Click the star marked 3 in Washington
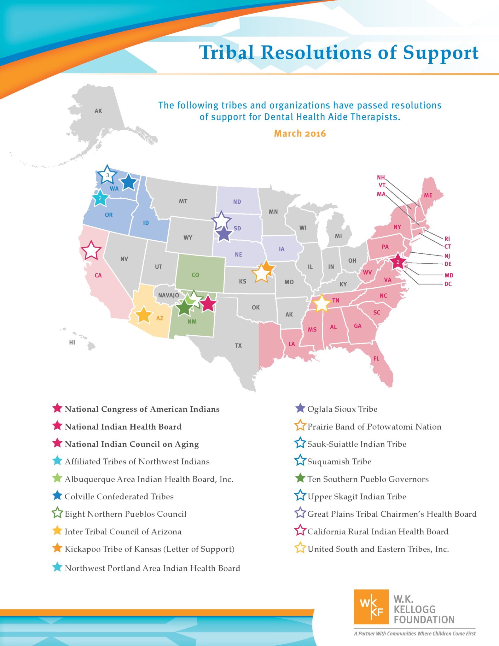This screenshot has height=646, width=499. pyautogui.click(x=107, y=175)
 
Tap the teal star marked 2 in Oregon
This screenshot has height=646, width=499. pyautogui.click(x=100, y=198)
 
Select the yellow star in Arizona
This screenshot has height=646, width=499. pyautogui.click(x=144, y=314)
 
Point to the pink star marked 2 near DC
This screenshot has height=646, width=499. pyautogui.click(x=398, y=262)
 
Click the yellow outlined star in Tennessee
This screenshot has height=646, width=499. pyautogui.click(x=322, y=303)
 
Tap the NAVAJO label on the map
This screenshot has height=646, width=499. pyautogui.click(x=169, y=295)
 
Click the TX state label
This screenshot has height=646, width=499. pyautogui.click(x=238, y=345)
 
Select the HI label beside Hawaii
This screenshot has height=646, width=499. pyautogui.click(x=72, y=342)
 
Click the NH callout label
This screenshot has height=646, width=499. pyautogui.click(x=381, y=178)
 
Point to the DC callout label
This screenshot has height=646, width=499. pyautogui.click(x=448, y=284)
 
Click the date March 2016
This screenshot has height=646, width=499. pyautogui.click(x=300, y=133)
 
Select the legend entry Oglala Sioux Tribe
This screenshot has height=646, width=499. pyautogui.click(x=342, y=409)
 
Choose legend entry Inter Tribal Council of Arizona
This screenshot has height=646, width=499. pyautogui.click(x=123, y=531)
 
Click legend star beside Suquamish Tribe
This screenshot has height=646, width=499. pyautogui.click(x=300, y=461)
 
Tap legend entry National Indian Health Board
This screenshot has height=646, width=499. pyautogui.click(x=123, y=426)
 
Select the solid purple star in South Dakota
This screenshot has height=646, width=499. pyautogui.click(x=224, y=234)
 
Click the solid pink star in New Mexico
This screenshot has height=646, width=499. pyautogui.click(x=208, y=303)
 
